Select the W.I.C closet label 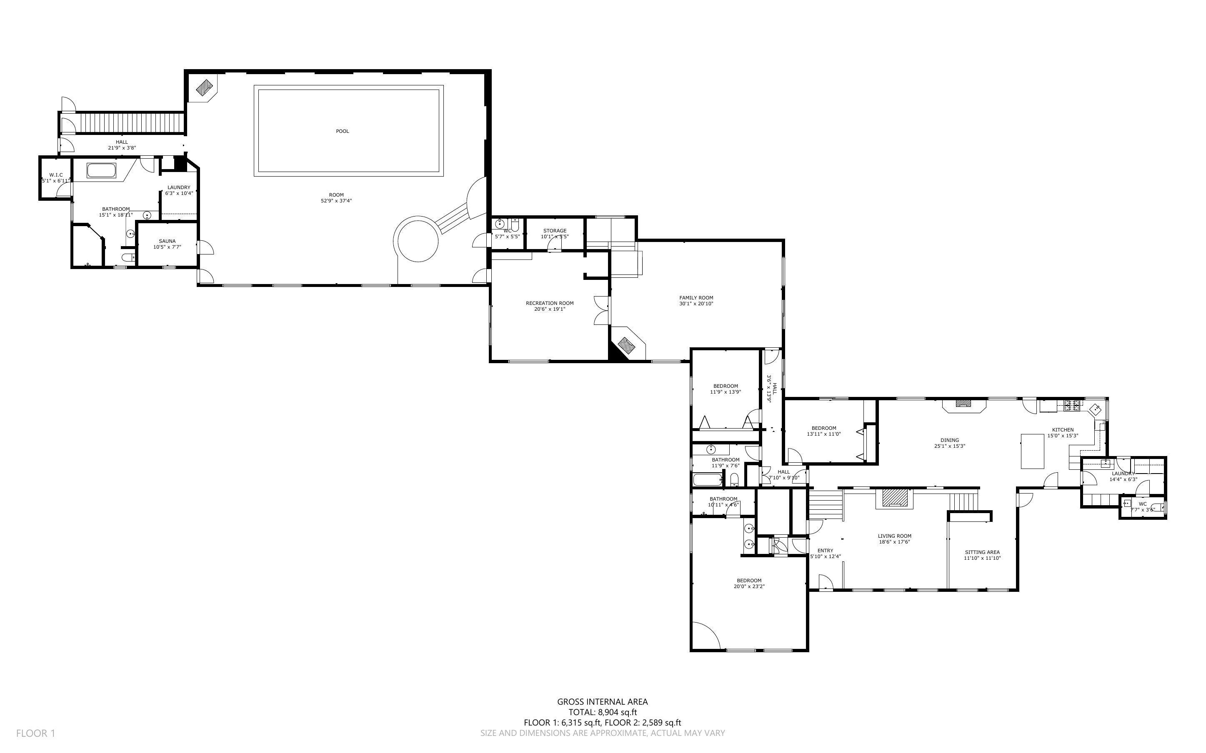(x=56, y=175)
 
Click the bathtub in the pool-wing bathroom (x=102, y=170)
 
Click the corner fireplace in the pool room (x=205, y=89)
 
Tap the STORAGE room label (x=554, y=231)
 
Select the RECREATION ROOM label (x=549, y=303)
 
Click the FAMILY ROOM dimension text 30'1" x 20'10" (x=696, y=304)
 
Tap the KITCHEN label (x=1063, y=430)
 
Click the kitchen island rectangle (x=1032, y=451)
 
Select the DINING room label (x=949, y=440)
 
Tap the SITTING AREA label (x=982, y=552)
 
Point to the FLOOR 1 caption (x=35, y=733)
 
